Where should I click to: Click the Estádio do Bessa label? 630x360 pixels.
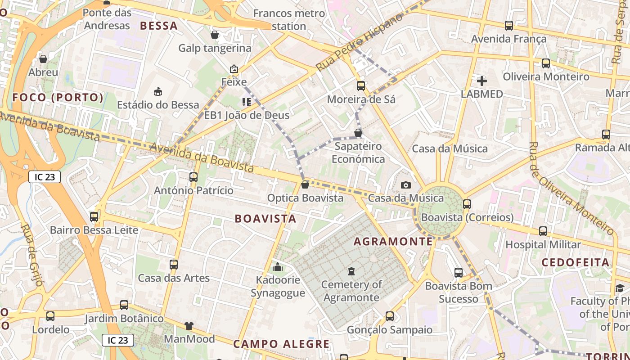(x=158, y=105)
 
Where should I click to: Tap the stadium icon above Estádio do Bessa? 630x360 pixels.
(x=158, y=92)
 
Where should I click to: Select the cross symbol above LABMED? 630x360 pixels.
(x=482, y=81)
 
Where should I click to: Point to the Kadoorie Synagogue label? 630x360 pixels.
(x=278, y=287)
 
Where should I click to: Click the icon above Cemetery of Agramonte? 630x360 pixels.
(x=351, y=271)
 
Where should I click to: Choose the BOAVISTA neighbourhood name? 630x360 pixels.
(x=265, y=219)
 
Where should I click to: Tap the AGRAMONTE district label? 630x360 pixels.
(x=393, y=242)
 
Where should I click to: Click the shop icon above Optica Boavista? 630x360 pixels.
(x=305, y=184)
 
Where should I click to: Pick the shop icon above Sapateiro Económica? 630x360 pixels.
(x=358, y=133)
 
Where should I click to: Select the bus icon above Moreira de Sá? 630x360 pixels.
(x=361, y=85)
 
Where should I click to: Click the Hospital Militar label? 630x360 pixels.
(x=543, y=245)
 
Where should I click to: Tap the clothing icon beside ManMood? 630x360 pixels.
(x=189, y=325)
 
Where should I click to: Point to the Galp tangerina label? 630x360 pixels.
(x=215, y=48)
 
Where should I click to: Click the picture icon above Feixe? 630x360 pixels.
(x=234, y=69)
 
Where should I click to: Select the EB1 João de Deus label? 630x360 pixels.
(x=247, y=115)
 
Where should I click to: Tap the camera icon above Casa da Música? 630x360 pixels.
(x=405, y=185)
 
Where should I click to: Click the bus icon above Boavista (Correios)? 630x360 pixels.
(x=467, y=204)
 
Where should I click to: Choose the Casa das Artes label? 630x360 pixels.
(x=174, y=278)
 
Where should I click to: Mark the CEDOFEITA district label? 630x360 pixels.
(x=576, y=262)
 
